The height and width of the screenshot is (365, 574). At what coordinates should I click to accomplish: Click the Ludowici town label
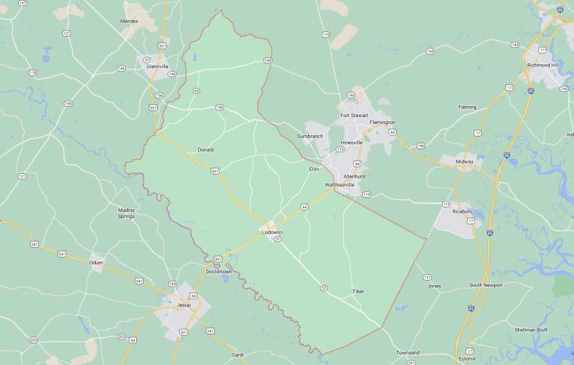(x=272, y=233)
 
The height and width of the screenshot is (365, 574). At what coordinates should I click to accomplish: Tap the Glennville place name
(x=157, y=66)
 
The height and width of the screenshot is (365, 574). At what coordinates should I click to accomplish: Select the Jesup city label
(x=183, y=305)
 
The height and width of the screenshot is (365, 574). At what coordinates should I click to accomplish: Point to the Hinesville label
(x=351, y=142)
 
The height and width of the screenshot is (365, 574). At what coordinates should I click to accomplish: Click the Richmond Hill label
(x=543, y=65)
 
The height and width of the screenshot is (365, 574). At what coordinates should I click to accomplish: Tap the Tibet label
(x=358, y=291)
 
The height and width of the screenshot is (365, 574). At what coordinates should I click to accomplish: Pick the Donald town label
(x=206, y=149)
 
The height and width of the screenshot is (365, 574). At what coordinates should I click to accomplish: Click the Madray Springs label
(x=127, y=213)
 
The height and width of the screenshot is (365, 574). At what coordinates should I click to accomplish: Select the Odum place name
(x=96, y=263)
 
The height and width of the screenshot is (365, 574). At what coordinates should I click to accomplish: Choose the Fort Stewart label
(x=355, y=115)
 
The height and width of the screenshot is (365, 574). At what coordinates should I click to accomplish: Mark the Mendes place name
(x=129, y=21)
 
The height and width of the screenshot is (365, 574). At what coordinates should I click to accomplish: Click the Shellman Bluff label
(x=531, y=329)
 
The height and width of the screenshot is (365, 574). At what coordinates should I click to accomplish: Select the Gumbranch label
(x=309, y=136)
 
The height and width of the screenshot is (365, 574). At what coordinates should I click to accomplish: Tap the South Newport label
(x=486, y=285)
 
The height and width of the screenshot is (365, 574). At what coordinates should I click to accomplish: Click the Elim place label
(x=314, y=169)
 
